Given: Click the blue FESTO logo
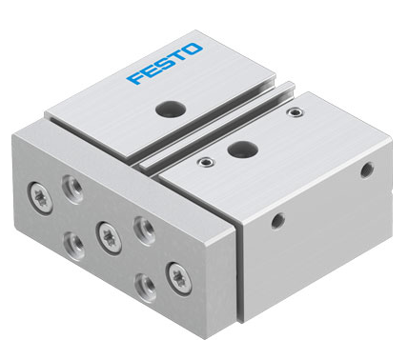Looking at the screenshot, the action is tap(165, 64).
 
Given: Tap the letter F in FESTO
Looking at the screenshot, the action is tap(135, 77).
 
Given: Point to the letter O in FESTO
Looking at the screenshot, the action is tap(193, 50).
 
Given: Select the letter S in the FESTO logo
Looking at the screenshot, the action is tap(163, 64).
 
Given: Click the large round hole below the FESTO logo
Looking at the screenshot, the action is tap(171, 109).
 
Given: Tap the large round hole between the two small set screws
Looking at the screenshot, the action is tap(243, 150).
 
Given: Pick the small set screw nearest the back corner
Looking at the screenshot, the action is tap(295, 111).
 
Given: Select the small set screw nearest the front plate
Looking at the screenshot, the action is tap(205, 162).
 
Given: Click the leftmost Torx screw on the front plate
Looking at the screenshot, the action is tap(40, 198).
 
